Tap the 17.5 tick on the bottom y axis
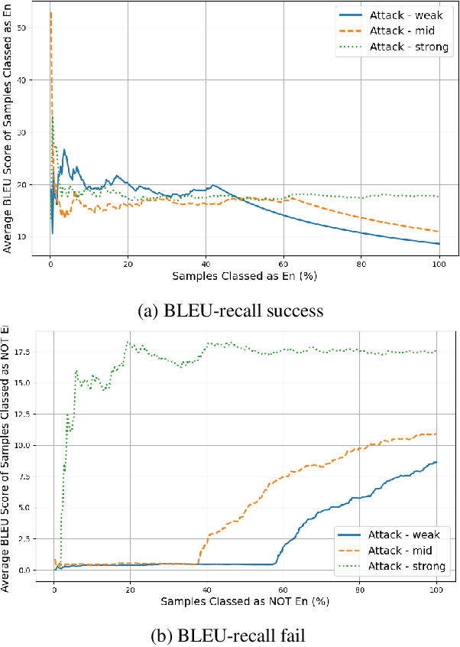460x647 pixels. pyautogui.click(x=22, y=352)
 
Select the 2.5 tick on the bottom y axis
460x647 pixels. pyautogui.click(x=25, y=539)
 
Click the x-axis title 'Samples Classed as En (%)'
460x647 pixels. pyautogui.click(x=244, y=275)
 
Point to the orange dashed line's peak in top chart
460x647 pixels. pyautogui.click(x=50, y=12)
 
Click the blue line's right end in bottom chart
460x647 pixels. pyautogui.click(x=436, y=461)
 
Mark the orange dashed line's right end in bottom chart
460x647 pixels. pyautogui.click(x=436, y=434)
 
